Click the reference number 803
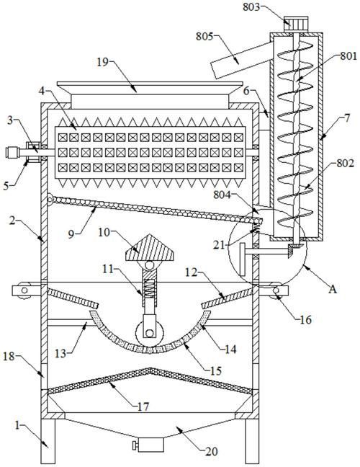point(251,6)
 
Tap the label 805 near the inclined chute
point(204,37)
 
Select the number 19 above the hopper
point(103,63)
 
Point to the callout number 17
point(143,406)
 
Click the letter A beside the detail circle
point(333,288)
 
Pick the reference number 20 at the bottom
point(211,452)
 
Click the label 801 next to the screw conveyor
point(348,55)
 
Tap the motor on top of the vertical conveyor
point(296,24)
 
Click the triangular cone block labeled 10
point(149,248)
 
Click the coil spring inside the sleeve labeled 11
point(149,288)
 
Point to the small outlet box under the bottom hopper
point(151,445)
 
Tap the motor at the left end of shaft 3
point(12,153)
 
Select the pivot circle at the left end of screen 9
point(50,199)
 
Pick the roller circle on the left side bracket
point(24,290)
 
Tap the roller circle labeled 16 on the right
point(276,290)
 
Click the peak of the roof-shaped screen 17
point(150,369)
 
